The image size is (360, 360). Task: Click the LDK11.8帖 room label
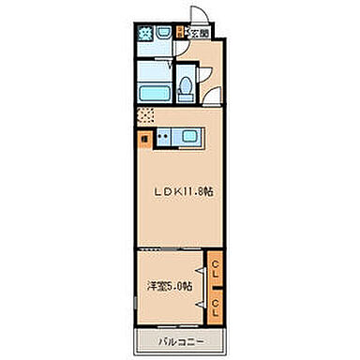(184, 191)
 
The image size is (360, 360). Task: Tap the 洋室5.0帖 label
(169, 285)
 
